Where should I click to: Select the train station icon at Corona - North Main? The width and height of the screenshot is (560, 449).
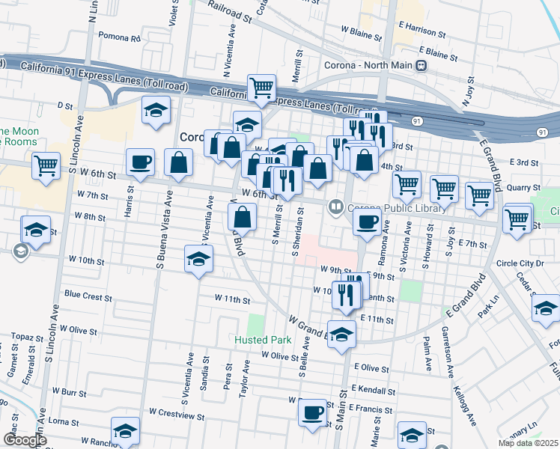(x=422, y=65)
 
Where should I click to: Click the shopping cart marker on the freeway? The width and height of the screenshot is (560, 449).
(x=261, y=88)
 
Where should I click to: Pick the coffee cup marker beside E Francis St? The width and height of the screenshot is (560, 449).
(x=313, y=411)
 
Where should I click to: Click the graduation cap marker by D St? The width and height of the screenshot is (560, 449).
(x=156, y=111)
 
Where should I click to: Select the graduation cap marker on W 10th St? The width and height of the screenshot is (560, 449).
(x=198, y=259)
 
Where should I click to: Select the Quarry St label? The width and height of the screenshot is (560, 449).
(x=523, y=188)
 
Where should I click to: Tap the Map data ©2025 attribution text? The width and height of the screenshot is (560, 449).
(x=529, y=443)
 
